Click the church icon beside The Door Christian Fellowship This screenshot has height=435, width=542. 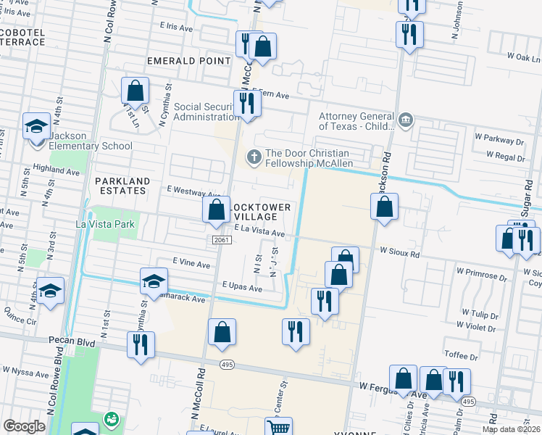[x=254, y=156]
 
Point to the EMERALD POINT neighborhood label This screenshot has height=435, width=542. [x=188, y=61]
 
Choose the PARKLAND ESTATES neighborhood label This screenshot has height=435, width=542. [x=122, y=186]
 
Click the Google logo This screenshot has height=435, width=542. [x=24, y=426]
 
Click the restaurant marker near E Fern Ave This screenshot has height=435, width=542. [x=247, y=104]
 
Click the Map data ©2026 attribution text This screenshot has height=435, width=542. [x=510, y=429]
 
